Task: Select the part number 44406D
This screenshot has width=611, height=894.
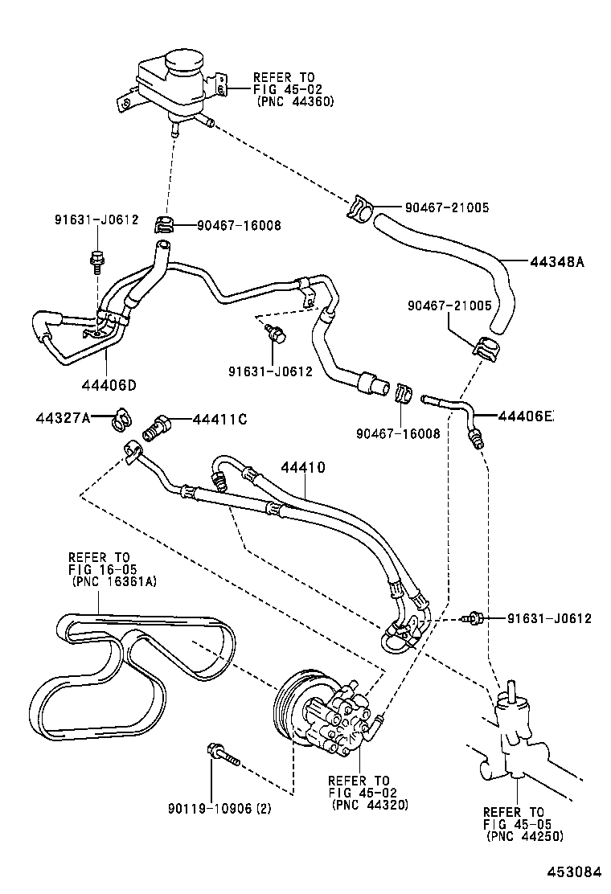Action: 109,383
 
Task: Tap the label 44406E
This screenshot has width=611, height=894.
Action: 526,416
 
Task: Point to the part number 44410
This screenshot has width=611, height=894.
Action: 302,467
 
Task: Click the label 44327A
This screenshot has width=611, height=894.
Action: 62,417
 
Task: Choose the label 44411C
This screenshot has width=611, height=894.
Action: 219,419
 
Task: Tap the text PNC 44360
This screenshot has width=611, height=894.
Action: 295,102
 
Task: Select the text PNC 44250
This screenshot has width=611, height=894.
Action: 524,836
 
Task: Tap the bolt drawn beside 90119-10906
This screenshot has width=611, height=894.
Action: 223,755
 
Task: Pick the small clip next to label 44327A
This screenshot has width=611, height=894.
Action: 121,418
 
